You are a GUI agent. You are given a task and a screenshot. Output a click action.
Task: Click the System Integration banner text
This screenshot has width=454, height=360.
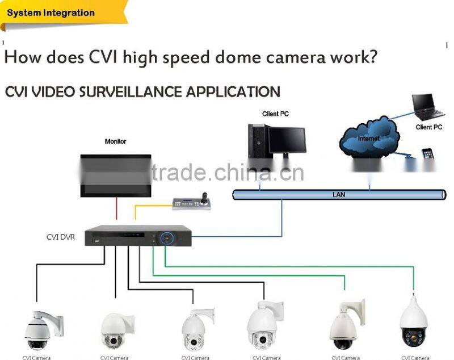51,12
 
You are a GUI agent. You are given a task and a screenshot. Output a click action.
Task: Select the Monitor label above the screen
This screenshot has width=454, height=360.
115,141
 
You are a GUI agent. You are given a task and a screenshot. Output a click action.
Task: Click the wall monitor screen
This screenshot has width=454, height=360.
116,173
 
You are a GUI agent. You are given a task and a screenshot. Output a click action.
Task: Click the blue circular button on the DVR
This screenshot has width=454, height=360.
167,238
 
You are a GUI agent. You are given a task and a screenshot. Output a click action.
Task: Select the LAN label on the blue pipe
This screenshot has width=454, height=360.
339,195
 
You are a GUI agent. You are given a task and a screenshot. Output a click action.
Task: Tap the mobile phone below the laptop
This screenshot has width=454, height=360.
427,154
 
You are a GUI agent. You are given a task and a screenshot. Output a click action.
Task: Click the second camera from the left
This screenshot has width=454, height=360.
117,330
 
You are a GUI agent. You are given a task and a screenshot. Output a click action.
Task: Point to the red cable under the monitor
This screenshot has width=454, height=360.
116,208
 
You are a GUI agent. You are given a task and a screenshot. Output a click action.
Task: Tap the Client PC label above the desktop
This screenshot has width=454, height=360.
275,114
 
